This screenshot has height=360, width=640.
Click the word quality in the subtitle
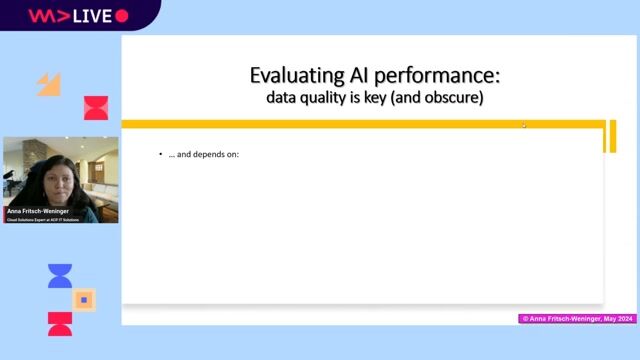(324, 98)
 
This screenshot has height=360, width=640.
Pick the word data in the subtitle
(283, 98)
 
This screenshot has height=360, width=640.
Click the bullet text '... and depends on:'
(206, 155)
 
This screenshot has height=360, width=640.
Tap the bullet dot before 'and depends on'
(161, 155)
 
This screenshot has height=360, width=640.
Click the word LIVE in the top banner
(91, 16)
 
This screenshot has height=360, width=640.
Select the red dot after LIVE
(122, 16)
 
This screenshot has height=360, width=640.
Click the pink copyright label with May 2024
(576, 318)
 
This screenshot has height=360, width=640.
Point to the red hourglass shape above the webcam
(96, 108)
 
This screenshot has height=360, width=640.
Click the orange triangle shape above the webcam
(48, 84)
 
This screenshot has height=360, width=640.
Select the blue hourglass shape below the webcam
(60, 276)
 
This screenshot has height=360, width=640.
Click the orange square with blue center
(84, 299)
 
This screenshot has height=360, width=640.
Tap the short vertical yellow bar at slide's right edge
(609, 137)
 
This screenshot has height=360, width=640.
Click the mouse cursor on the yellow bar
(524, 125)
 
